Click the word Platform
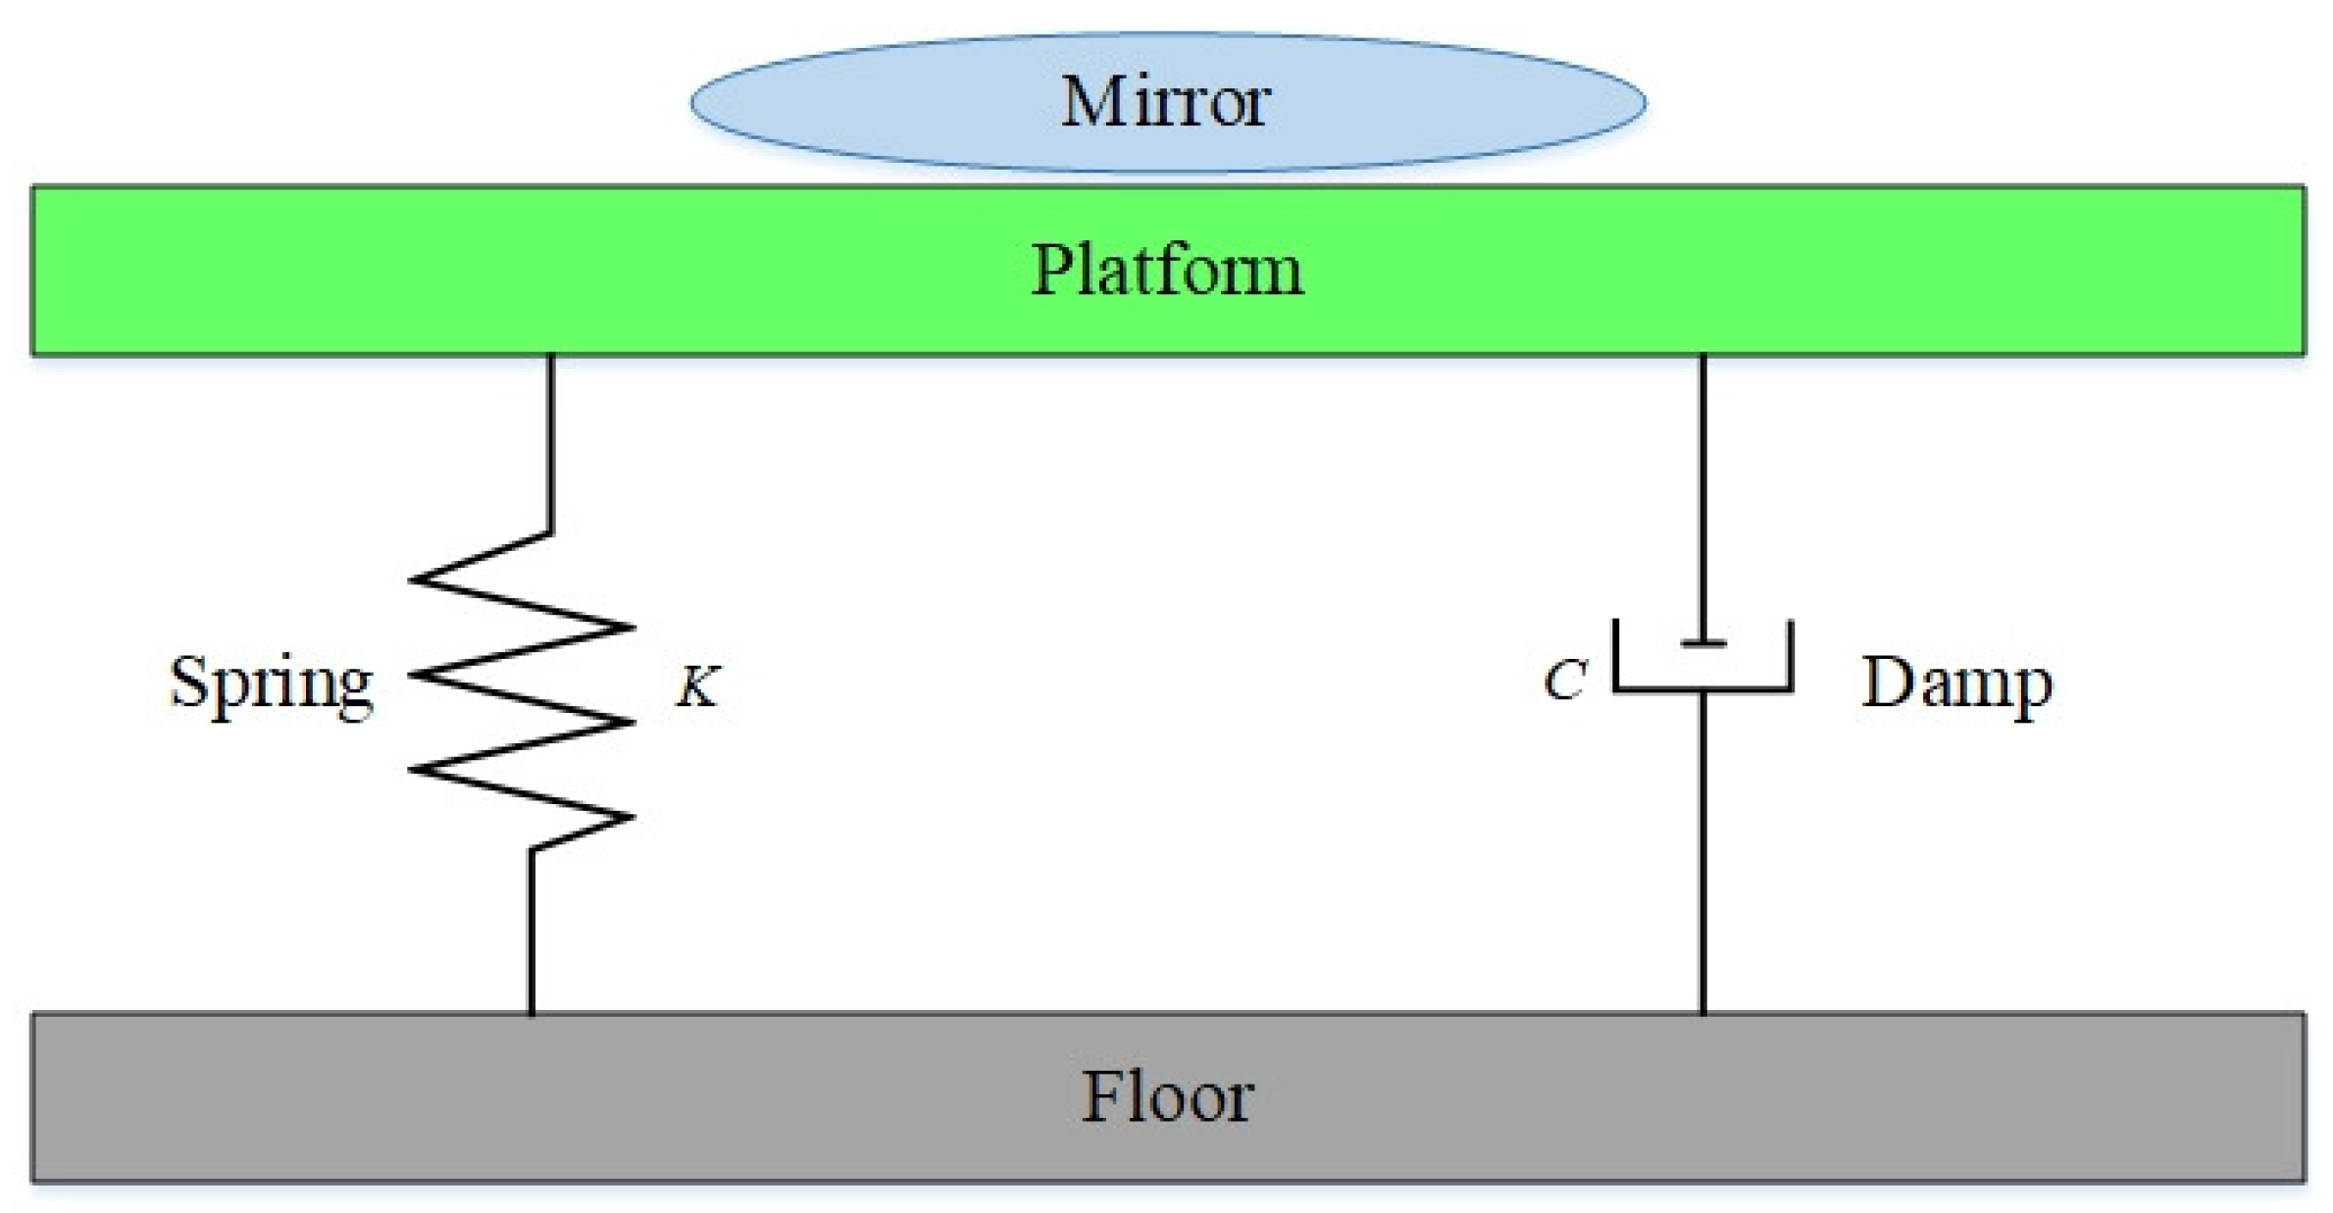1167,270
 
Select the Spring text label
271,683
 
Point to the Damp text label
1956,683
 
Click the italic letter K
698,686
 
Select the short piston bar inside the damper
1703,644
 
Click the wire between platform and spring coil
551,441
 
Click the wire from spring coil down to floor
532,932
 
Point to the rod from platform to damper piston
1703,490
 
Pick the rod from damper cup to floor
1703,853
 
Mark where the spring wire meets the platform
551,355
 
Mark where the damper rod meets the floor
1703,1013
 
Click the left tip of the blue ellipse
693,102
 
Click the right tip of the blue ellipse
1645,102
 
